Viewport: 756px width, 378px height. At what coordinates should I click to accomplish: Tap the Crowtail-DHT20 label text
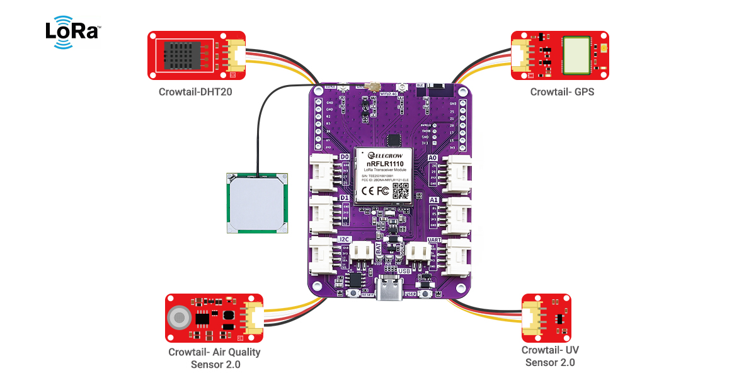point(196,92)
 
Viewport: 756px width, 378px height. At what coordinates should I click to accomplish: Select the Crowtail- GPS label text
point(562,92)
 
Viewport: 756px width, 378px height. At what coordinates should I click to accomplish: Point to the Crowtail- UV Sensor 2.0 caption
point(549,356)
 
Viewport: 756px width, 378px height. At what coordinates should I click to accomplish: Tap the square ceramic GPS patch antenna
point(256,203)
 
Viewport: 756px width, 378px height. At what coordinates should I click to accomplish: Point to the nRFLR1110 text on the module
point(385,164)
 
